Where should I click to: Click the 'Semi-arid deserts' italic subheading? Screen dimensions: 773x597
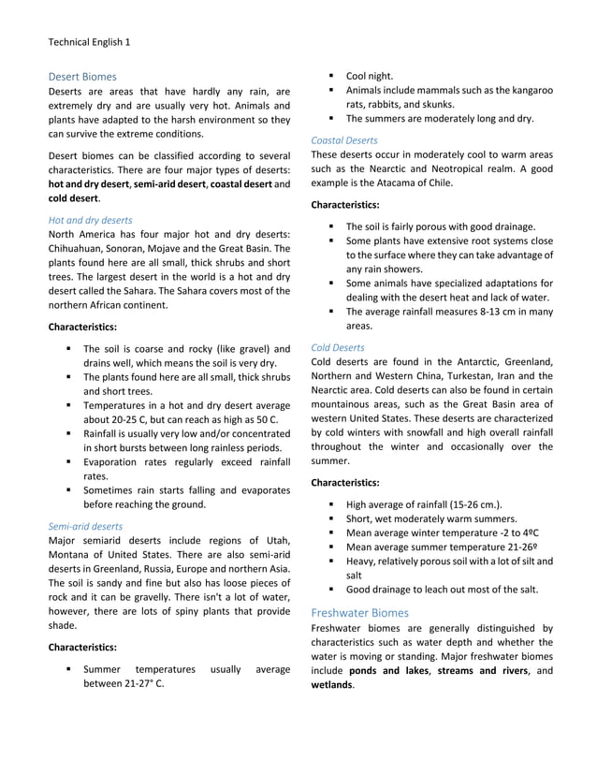coord(85,526)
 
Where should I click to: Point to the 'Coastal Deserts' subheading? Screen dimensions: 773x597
coord(344,140)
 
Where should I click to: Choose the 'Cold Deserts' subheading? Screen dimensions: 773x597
coord(338,347)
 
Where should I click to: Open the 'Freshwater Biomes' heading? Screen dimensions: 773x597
coord(359,612)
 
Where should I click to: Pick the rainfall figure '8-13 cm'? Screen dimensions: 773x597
coord(485,312)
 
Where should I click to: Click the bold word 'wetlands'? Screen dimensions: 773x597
coord(334,685)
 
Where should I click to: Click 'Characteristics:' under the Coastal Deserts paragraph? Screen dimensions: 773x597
coord(344,204)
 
